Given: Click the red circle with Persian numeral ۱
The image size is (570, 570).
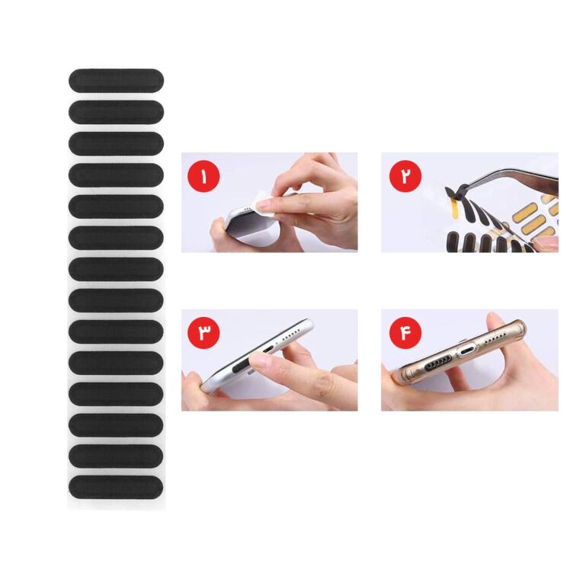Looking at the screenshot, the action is coord(203,176).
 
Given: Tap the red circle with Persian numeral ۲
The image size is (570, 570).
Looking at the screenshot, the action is coord(405,176).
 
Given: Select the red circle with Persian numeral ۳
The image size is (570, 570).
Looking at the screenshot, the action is coord(203,332).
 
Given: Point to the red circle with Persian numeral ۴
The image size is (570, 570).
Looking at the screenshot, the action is coord(405,332).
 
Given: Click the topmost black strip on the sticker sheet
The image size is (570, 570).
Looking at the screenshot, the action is coord(116,80).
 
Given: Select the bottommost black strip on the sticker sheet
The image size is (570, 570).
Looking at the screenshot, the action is coord(116,487).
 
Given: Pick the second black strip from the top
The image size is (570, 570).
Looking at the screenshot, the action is coord(116,112).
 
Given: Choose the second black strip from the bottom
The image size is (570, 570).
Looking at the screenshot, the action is coord(116,456).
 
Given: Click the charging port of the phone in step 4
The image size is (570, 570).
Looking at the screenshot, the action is coord(467,352).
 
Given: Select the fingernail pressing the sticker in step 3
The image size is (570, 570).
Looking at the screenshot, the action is coord(261,360).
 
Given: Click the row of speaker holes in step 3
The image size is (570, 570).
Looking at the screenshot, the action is coord(288,335).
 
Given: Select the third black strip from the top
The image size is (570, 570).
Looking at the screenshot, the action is coord(116,143).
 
